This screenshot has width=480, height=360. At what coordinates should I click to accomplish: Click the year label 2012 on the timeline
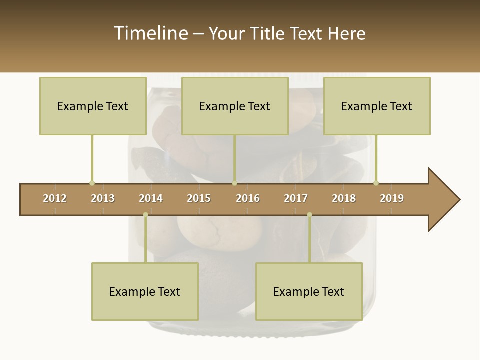click(x=55, y=198)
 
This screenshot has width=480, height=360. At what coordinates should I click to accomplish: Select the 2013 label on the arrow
click(x=103, y=198)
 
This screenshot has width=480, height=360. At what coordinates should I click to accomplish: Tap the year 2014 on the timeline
click(x=151, y=198)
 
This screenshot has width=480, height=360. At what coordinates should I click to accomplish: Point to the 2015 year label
click(x=199, y=198)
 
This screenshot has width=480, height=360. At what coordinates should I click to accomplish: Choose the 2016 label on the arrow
click(x=248, y=198)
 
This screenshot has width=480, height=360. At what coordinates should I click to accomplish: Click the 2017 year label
click(x=296, y=198)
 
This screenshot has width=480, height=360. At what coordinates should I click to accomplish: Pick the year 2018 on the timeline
click(x=344, y=198)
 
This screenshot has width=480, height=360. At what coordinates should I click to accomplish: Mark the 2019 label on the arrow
click(x=392, y=198)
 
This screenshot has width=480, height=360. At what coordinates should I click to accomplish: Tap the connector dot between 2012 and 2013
click(x=92, y=183)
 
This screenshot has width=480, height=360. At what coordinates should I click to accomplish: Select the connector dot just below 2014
click(x=145, y=214)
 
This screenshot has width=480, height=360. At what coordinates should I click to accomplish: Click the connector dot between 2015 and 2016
click(x=234, y=183)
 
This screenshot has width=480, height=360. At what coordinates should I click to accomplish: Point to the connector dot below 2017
click(x=309, y=214)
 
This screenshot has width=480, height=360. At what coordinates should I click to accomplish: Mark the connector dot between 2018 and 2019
click(x=376, y=183)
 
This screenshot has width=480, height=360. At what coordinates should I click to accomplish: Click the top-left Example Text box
click(x=93, y=106)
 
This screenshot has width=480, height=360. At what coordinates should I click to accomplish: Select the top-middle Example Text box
click(x=235, y=106)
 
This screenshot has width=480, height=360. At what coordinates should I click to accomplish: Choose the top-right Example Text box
click(x=377, y=106)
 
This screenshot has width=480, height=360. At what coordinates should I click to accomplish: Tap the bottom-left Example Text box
click(x=145, y=291)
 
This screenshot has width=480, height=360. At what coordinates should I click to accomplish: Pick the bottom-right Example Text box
click(x=309, y=291)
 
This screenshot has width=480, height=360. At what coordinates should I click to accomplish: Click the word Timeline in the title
click(x=150, y=33)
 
